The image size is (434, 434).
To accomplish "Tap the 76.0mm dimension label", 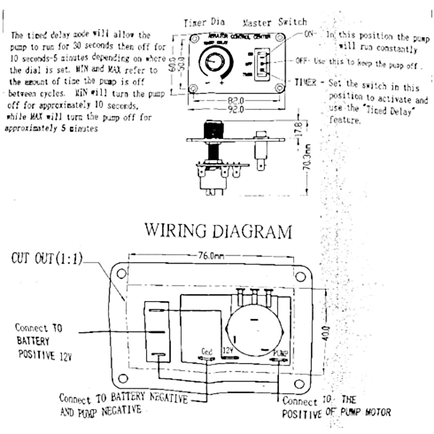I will [x=211, y=256].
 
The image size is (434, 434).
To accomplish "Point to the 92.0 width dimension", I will [x=236, y=109].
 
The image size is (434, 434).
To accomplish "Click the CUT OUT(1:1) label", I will [x=47, y=259].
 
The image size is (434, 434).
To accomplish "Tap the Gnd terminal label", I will [x=207, y=351].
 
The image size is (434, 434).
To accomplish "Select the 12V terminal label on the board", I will [x=227, y=351].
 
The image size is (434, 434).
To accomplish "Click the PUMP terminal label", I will [x=281, y=353].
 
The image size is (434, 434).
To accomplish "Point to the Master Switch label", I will [x=275, y=22].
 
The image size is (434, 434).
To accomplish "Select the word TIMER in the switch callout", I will [x=305, y=82].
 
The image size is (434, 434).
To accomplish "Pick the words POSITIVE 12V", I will [x=45, y=355].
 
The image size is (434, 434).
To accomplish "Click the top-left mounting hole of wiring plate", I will [x=121, y=274].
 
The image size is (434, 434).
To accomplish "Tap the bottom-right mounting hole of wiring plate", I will [x=299, y=384].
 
